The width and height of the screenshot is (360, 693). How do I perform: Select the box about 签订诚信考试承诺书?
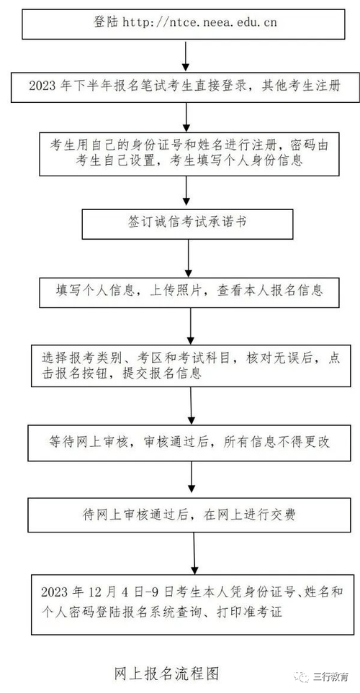187,223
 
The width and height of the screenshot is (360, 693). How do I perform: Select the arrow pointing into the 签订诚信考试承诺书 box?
187,192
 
